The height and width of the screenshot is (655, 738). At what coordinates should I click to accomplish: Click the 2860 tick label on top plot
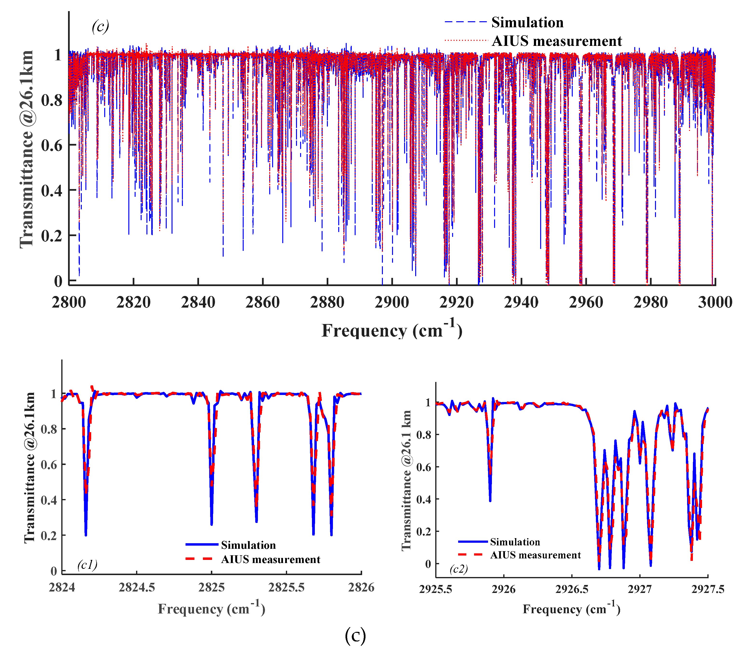[x=262, y=302]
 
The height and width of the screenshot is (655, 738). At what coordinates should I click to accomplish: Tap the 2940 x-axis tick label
[x=521, y=302]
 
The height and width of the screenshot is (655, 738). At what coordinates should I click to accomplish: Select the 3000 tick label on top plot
[x=715, y=302]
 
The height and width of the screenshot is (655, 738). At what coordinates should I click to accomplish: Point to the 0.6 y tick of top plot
[x=52, y=146]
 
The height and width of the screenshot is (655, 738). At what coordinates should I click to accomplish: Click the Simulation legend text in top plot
[x=527, y=22]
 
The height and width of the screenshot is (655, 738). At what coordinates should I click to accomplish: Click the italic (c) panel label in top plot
[x=100, y=26]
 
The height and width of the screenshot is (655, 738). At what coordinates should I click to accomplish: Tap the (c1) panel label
[x=87, y=564]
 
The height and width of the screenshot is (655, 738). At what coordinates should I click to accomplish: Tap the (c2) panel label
[x=459, y=569]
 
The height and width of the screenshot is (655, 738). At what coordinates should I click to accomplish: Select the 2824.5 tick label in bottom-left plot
[x=137, y=587]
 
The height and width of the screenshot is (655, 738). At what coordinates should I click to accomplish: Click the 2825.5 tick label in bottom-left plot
[x=286, y=587]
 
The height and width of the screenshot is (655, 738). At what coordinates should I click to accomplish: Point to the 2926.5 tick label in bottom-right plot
[x=572, y=589]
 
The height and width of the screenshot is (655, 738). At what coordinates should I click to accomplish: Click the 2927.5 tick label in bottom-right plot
[x=707, y=589]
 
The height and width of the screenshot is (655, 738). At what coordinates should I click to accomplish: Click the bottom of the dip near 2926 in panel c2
[x=490, y=500]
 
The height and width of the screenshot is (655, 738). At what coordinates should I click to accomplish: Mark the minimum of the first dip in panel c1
[x=86, y=535]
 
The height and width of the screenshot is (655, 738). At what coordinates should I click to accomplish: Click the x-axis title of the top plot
[x=392, y=330]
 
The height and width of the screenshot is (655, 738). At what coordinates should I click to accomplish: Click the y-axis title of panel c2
[x=407, y=480]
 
